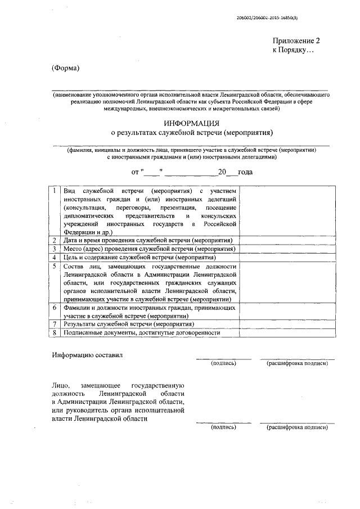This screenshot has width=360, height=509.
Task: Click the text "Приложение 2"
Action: (x=296, y=41)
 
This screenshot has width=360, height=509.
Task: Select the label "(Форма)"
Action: (x=66, y=69)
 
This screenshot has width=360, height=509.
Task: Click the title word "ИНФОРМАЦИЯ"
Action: (x=191, y=123)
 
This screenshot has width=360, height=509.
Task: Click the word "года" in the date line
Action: (x=245, y=172)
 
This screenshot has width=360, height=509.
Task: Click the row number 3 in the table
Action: (x=53, y=249)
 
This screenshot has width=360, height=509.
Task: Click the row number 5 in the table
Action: (x=53, y=266)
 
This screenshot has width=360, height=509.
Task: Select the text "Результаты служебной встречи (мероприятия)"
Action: (x=126, y=325)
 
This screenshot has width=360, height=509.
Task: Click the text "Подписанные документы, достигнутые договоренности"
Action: (x=141, y=333)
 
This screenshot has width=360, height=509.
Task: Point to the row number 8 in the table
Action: (x=53, y=333)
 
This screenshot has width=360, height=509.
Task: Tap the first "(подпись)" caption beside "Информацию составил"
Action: (x=223, y=364)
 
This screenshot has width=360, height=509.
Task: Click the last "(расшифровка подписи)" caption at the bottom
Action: (x=297, y=427)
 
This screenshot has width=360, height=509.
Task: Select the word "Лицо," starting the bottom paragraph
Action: (x=60, y=385)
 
